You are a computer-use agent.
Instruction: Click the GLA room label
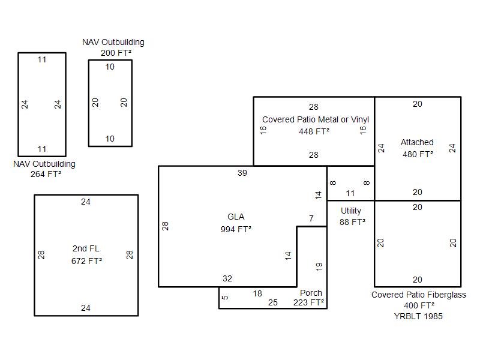236,217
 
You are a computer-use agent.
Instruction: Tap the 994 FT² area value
236,229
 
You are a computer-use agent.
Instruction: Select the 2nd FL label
86,248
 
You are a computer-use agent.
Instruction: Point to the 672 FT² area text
86,260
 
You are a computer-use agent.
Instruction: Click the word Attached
417,142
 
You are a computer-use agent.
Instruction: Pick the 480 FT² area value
418,154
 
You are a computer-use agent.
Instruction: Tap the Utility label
351,211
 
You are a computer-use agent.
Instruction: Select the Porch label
311,293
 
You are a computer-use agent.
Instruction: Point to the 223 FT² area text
308,302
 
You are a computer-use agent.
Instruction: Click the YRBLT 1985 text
418,316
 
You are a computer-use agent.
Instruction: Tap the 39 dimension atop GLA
242,173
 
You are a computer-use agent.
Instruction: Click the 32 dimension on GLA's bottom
227,278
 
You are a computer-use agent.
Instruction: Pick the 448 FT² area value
314,131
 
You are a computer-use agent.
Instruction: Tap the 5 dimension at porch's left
225,297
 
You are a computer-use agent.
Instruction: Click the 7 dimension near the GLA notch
311,218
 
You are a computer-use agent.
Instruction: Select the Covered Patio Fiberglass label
418,295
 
